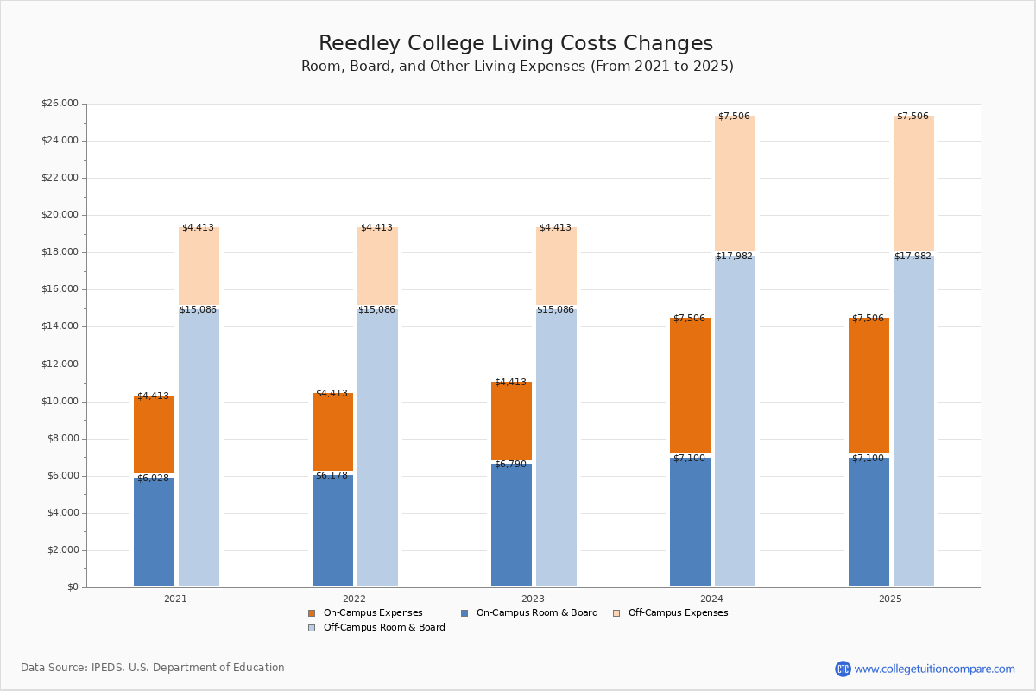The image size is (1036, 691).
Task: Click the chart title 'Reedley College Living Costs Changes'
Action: [x=515, y=44]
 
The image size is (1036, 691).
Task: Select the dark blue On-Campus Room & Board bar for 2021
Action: [x=154, y=531]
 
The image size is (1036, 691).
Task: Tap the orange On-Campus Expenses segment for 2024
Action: [x=690, y=385]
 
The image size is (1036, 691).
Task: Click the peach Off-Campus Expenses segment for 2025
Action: [x=913, y=183]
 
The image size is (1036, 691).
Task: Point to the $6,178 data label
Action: [x=332, y=476]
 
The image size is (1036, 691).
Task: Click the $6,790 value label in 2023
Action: [x=510, y=465]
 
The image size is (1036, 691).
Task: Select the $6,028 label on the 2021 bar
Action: [x=153, y=479]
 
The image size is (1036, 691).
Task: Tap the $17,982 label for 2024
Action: [x=734, y=257]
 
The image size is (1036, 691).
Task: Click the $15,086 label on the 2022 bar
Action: [x=376, y=310]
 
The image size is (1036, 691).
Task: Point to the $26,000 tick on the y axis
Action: [x=60, y=104]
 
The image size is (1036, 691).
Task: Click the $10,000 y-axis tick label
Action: [x=60, y=402]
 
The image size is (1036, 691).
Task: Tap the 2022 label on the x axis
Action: [x=354, y=599]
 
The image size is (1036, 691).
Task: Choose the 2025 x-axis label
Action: [x=890, y=599]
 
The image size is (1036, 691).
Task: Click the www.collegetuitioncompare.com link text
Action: [x=934, y=669]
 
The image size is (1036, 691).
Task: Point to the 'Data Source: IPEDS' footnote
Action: [x=153, y=668]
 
